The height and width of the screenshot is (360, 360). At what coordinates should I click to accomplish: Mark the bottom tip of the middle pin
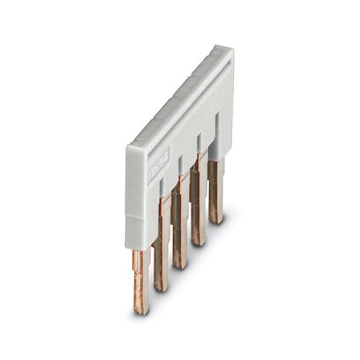pyautogui.click(x=181, y=266)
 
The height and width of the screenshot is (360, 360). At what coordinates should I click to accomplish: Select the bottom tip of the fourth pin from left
pyautogui.click(x=199, y=243)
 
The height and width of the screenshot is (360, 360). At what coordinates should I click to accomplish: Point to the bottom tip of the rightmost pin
pyautogui.click(x=216, y=221)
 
